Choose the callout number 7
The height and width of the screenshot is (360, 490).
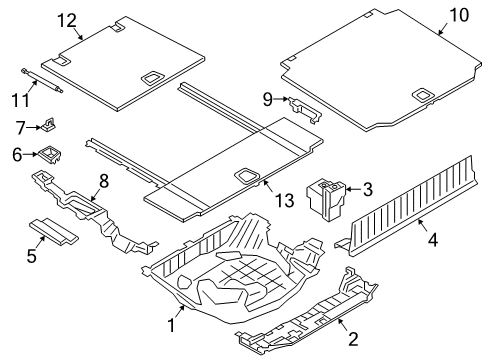tap(19, 127)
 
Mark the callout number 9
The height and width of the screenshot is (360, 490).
tap(269, 98)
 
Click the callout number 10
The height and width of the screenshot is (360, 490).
tap(458, 15)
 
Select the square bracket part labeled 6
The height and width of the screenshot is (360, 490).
tap(47, 154)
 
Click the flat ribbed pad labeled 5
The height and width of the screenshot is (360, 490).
tap(58, 231)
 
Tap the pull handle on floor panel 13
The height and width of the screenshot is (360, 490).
tap(244, 174)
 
